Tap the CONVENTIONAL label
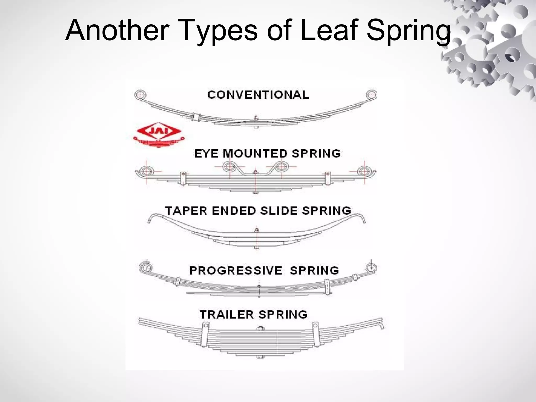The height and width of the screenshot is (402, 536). tap(258, 95)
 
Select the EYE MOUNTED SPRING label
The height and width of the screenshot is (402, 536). tap(267, 153)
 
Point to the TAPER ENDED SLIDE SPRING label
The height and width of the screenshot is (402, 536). tap(258, 210)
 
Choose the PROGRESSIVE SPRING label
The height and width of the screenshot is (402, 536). tap(264, 270)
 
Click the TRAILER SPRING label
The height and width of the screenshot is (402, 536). tap(253, 314)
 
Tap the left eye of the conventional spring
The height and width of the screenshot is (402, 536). tap(141, 94)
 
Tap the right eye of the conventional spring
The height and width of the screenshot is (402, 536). tap(371, 94)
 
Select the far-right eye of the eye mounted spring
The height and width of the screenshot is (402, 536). tap(364, 171)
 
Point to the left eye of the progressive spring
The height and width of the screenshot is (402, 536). tap(146, 268)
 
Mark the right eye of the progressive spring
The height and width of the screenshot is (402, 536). tap(371, 268)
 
